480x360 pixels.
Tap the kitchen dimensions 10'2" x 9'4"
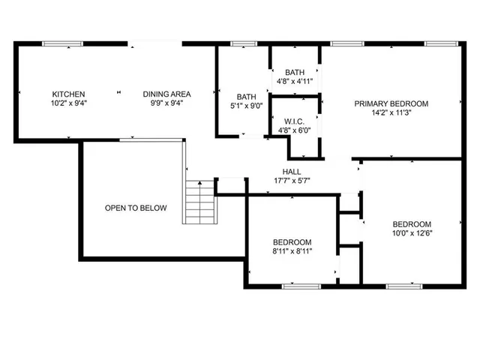coord(68,103)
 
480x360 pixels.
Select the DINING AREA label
coord(167,94)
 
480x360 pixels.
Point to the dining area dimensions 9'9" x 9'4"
coord(167,103)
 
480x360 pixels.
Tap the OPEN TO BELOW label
coord(136,208)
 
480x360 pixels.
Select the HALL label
coord(292,172)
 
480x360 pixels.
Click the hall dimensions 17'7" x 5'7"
coord(292,181)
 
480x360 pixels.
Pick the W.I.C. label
coord(293,121)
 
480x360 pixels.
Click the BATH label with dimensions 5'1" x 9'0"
coord(247,97)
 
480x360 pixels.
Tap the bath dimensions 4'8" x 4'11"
coord(294,80)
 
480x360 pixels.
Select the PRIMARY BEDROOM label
coord(391,103)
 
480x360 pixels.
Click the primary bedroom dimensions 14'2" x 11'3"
coord(391,112)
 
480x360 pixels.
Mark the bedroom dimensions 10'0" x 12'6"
coord(412,233)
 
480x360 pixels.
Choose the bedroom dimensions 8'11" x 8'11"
coord(292,250)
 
